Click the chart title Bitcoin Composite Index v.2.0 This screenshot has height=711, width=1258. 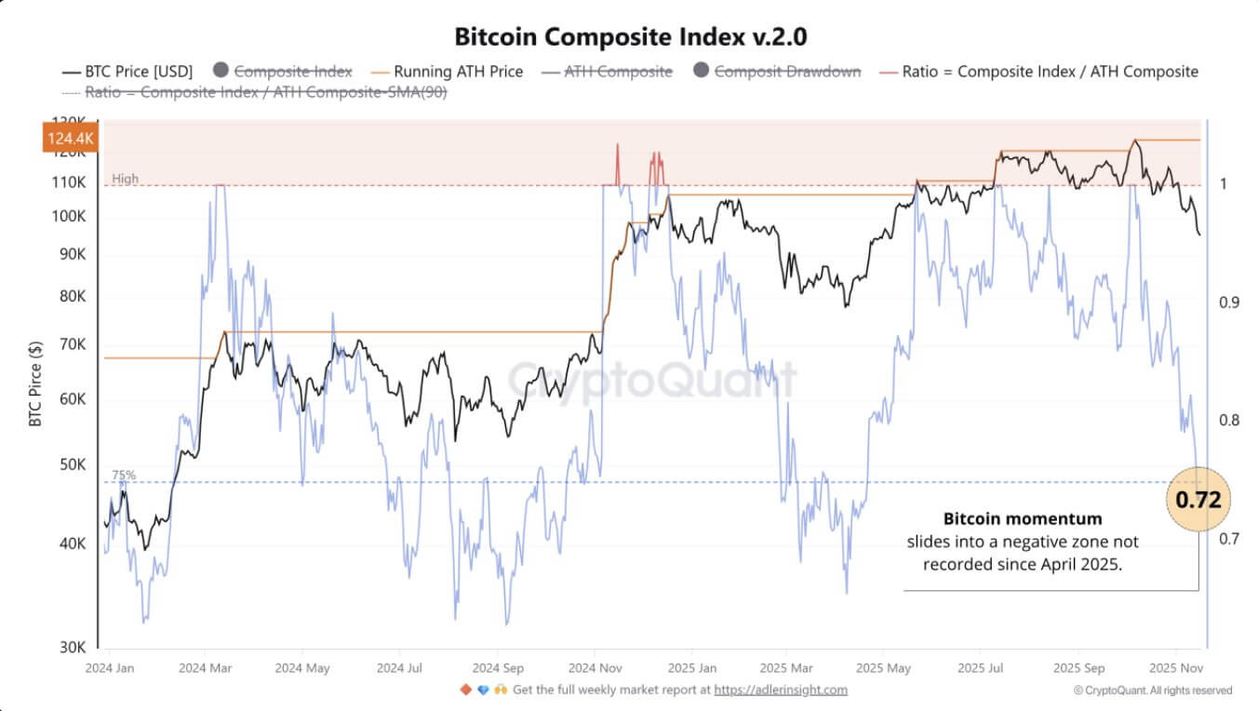click(x=630, y=37)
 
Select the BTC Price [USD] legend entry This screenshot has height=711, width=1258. click(x=128, y=72)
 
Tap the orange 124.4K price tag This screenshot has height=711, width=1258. click(x=69, y=138)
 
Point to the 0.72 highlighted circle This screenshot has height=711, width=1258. click(x=1198, y=500)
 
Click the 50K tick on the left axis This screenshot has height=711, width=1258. click(x=72, y=464)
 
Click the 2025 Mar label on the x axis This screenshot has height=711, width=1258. click(x=787, y=668)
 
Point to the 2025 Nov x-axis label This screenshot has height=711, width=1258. click(x=1175, y=668)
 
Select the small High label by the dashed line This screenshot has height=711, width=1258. click(x=125, y=179)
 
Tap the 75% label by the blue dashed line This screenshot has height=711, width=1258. click(x=124, y=475)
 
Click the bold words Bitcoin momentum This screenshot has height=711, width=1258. click(x=1022, y=518)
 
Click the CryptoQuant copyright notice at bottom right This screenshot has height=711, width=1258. click(x=1152, y=691)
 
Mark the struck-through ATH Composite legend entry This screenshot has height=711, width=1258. click(x=618, y=72)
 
